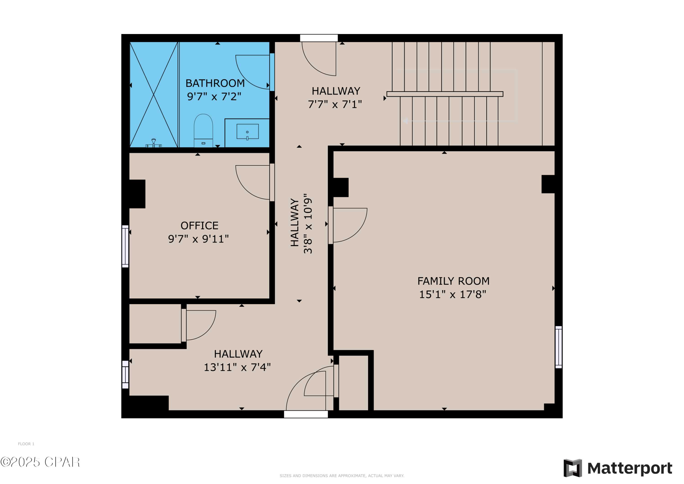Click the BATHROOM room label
pyautogui.click(x=215, y=83)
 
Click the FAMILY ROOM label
pyautogui.click(x=453, y=281)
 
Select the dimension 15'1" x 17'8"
pyautogui.click(x=453, y=294)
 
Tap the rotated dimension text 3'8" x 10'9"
pyautogui.click(x=308, y=224)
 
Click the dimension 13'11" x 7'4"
pyautogui.click(x=237, y=367)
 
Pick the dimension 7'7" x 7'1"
pyautogui.click(x=335, y=104)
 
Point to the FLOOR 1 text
pyautogui.click(x=26, y=444)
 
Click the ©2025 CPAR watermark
pyautogui.click(x=40, y=462)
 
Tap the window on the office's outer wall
pyautogui.click(x=125, y=246)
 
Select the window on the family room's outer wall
pyautogui.click(x=559, y=347)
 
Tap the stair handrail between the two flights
pyautogui.click(x=445, y=94)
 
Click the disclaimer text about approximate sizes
pyautogui.click(x=342, y=476)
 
